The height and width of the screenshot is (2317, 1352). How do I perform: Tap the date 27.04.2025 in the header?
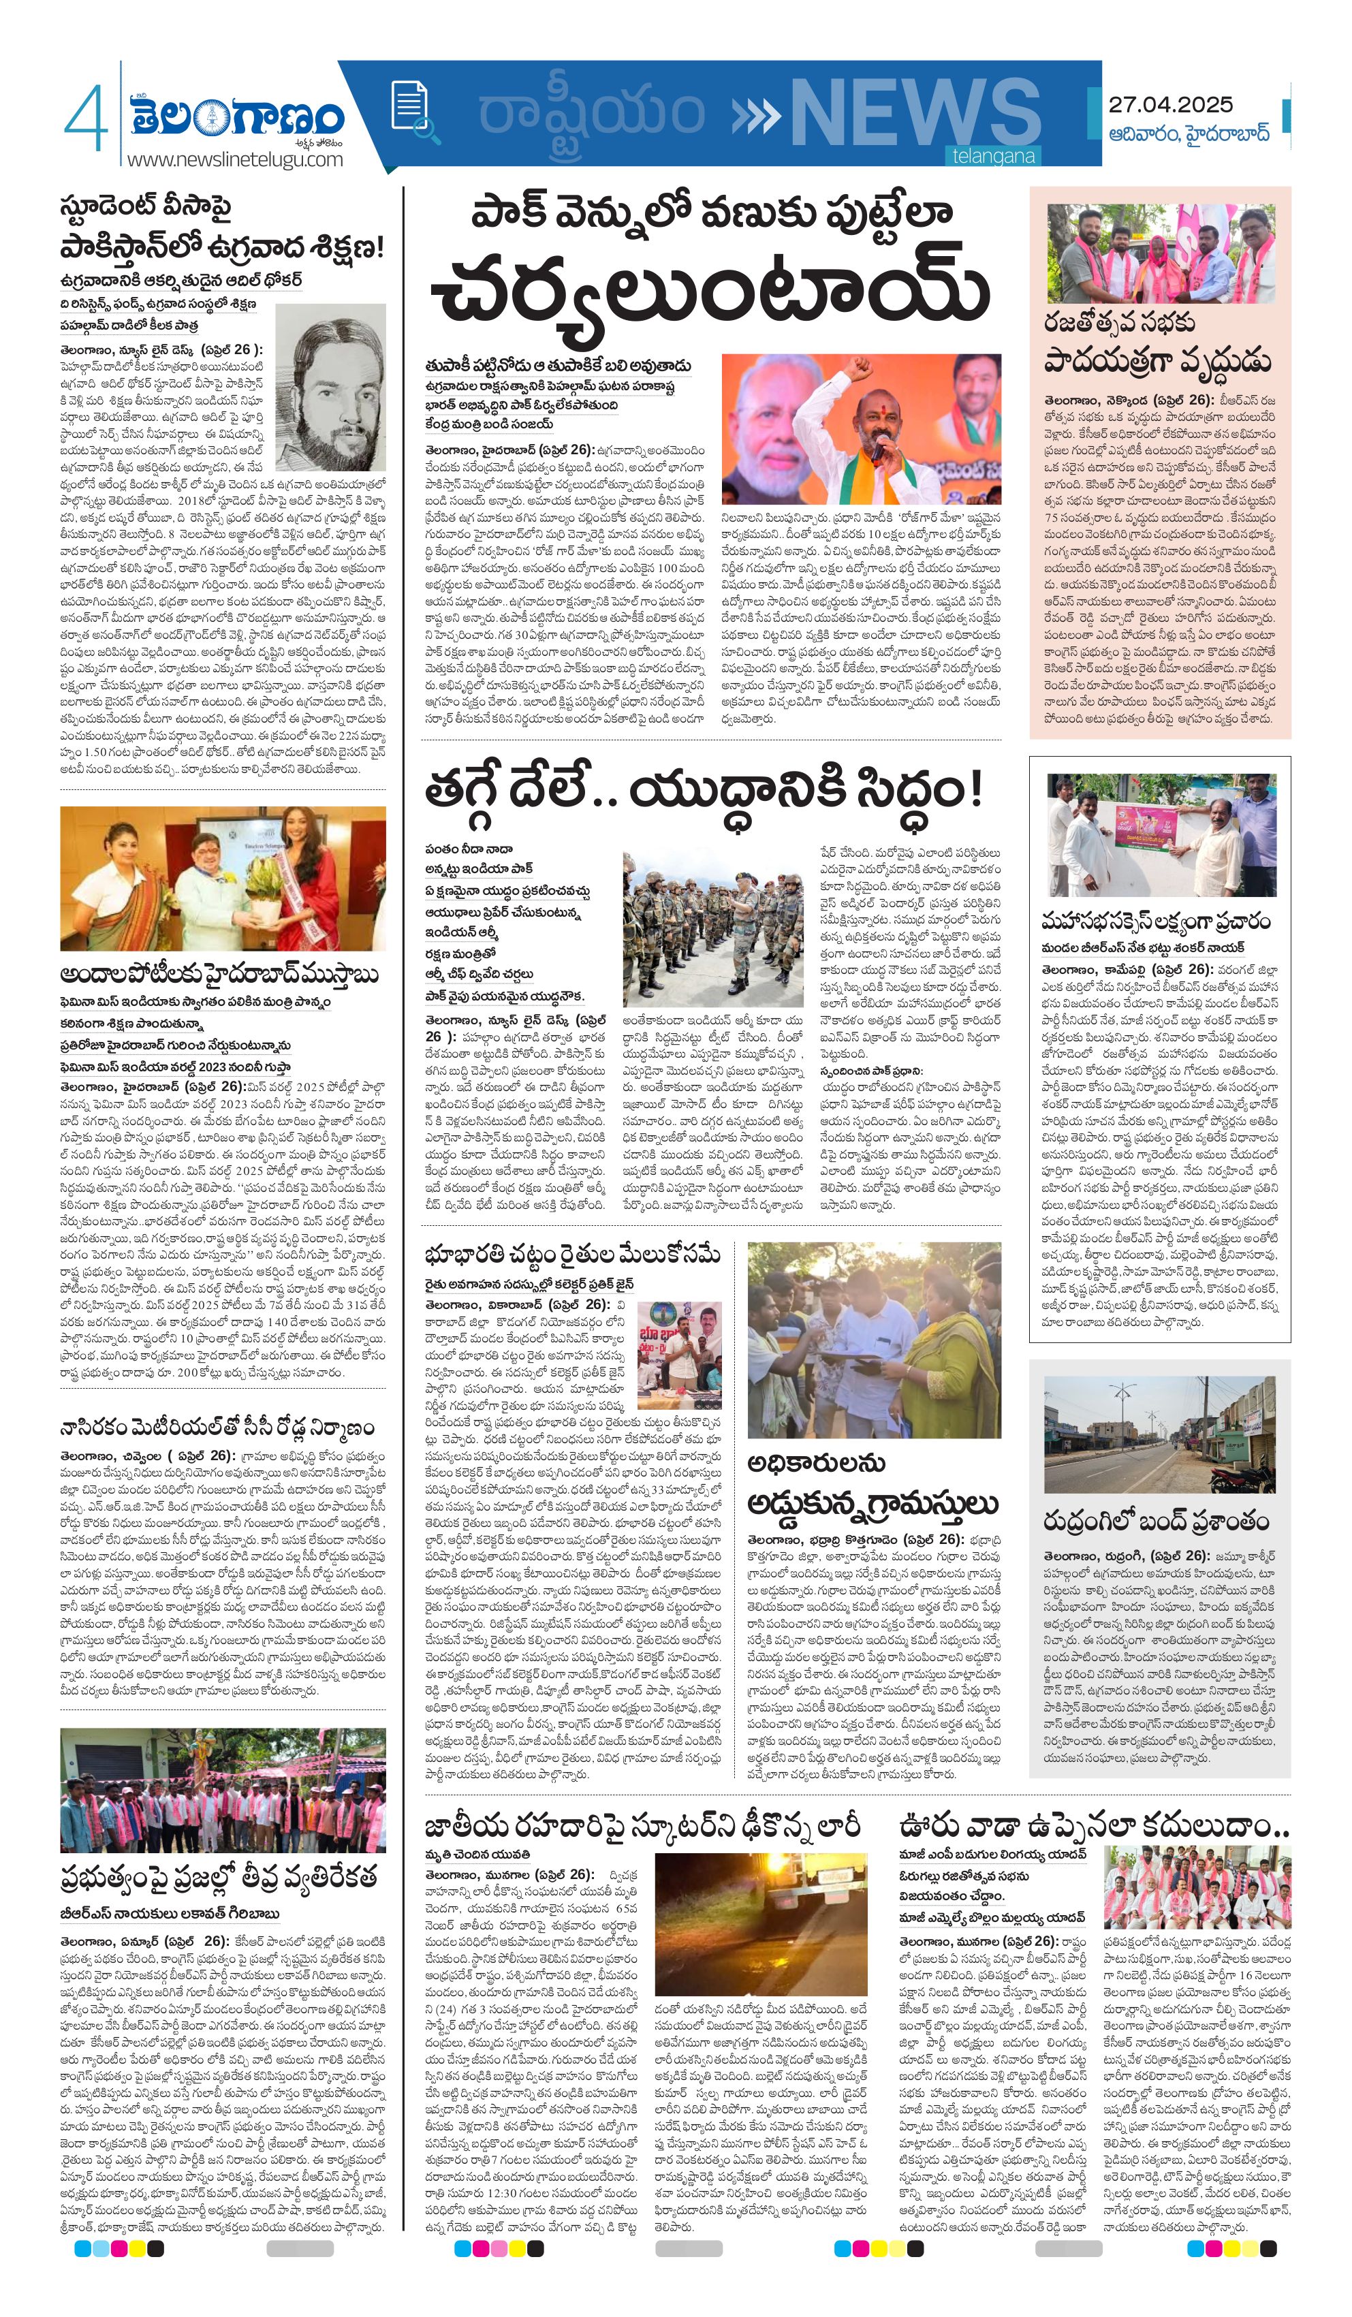(1170, 105)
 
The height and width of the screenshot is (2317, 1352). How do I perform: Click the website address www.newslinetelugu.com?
(234, 159)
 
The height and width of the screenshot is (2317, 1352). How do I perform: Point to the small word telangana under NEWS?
(993, 157)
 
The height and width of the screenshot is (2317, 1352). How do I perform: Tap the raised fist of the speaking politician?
(858, 370)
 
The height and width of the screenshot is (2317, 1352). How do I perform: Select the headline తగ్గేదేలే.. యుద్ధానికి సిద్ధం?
(704, 789)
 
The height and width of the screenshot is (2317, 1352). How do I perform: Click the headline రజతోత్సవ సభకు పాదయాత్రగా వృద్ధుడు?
(1158, 342)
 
